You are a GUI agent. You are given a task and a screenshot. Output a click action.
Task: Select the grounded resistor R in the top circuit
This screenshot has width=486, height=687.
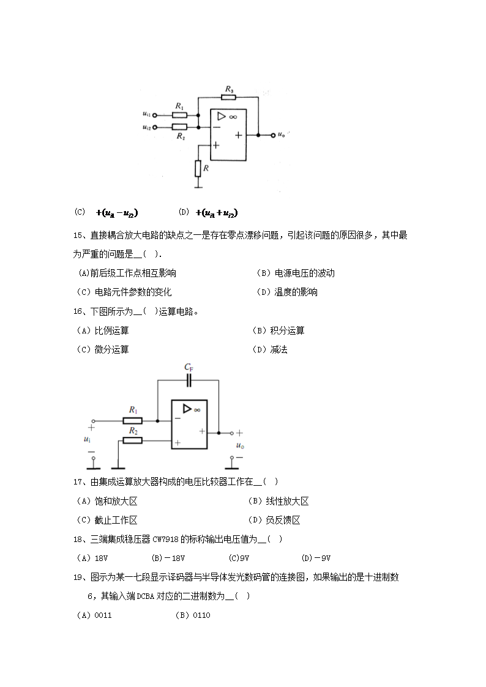[198, 167]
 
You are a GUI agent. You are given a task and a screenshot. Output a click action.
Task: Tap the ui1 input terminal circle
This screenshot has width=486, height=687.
[154, 114]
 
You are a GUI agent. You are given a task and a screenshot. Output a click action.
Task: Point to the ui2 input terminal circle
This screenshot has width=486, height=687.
[154, 127]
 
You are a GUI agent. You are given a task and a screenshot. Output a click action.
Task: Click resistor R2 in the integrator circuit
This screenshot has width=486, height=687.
[132, 440]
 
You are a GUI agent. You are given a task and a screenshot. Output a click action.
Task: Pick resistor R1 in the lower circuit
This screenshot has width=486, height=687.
[132, 420]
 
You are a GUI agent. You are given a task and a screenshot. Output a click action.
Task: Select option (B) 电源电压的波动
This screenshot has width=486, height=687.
[296, 273]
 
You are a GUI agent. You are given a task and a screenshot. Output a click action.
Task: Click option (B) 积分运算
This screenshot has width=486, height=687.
[279, 330]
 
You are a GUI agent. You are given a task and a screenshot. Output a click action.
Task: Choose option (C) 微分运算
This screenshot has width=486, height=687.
[102, 349]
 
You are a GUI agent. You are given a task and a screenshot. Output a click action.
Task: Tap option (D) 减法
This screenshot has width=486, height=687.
[270, 349]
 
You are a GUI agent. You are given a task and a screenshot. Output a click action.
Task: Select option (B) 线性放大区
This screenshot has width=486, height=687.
[279, 501]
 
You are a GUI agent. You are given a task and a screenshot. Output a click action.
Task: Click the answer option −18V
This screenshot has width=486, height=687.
[168, 558]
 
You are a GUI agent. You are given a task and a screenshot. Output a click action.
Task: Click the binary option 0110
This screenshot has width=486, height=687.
[192, 615]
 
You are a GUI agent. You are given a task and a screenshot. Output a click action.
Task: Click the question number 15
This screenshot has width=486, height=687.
[78, 235]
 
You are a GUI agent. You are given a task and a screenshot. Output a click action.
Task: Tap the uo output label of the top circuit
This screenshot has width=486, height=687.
[281, 135]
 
